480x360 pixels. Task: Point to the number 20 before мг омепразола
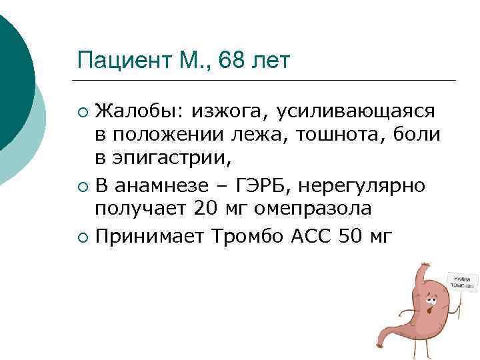[x=207, y=209]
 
